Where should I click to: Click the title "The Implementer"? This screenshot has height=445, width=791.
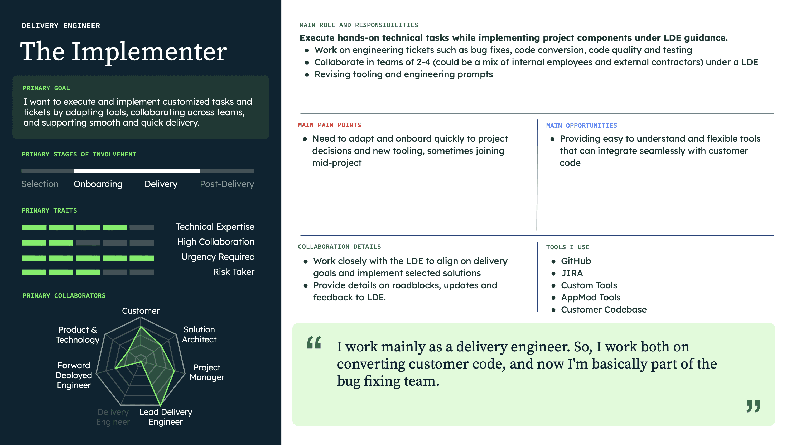(123, 52)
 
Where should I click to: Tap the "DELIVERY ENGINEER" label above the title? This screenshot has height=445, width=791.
(61, 26)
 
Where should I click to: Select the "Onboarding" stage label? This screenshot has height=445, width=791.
(98, 184)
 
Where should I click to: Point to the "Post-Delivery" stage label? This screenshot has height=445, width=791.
(227, 184)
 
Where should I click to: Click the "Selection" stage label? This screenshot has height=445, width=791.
(40, 184)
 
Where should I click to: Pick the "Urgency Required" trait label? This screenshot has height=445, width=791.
(218, 257)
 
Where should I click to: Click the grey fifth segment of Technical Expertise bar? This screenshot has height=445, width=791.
(142, 228)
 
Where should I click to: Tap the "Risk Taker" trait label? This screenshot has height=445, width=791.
(234, 272)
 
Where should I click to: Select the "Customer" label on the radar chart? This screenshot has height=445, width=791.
(141, 311)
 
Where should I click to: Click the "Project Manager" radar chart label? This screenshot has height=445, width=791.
(207, 372)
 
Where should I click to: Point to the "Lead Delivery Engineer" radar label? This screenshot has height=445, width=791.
(166, 417)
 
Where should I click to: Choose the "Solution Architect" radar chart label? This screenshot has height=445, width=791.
(199, 334)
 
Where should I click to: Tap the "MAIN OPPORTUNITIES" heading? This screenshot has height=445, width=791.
(581, 126)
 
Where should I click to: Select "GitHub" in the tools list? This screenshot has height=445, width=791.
(576, 261)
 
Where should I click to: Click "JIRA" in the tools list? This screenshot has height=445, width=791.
(572, 273)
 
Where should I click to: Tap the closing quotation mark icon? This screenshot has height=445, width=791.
(753, 406)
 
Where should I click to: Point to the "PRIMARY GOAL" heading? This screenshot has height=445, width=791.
(46, 88)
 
